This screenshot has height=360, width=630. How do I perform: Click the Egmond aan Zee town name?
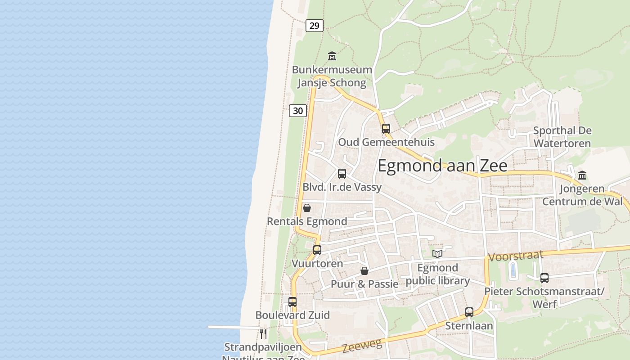[442, 166]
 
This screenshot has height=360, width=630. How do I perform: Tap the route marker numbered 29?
[314, 26]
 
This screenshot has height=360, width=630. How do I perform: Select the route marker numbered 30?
[297, 110]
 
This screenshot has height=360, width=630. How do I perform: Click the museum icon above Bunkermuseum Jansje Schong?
[332, 56]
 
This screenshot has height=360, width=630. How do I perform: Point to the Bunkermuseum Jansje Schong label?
[332, 76]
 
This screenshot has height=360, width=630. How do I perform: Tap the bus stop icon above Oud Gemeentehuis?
[386, 128]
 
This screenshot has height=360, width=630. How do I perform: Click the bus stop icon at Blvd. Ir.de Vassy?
[342, 173]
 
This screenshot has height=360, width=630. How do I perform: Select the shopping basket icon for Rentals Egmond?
[306, 208]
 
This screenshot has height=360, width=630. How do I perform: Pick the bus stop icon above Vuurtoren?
[317, 250]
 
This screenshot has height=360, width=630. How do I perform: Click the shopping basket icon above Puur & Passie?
[364, 271]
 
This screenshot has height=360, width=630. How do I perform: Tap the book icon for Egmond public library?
[437, 254]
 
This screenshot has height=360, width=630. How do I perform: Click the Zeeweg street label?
[362, 346]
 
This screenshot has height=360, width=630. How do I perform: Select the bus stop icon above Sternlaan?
[469, 312]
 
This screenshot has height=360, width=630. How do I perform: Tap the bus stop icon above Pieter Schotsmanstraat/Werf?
[544, 278]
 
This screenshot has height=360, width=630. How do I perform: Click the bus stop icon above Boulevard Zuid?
[292, 301]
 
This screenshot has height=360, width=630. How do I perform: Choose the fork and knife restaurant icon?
[263, 333]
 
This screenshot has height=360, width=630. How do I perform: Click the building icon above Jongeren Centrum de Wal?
[582, 175]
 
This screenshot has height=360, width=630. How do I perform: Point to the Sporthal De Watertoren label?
[562, 137]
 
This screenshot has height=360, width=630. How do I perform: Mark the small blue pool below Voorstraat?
[513, 270]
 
